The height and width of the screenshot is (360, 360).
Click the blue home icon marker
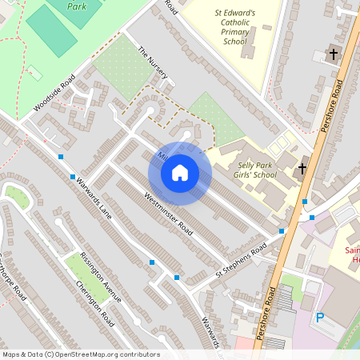(180, 173)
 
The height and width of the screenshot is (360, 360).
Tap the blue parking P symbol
(320, 318)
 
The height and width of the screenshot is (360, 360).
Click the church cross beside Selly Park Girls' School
(302, 168)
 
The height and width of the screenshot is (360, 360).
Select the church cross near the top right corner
(334, 54)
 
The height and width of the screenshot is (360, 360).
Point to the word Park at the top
(77, 5)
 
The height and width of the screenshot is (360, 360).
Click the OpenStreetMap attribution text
(80, 354)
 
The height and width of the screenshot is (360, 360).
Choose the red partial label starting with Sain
(352, 250)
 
